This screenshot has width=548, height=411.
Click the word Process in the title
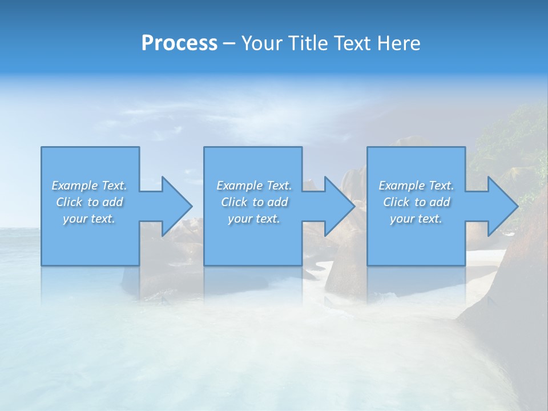point(179,43)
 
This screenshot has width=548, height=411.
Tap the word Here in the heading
point(398,43)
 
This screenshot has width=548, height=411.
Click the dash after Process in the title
point(229,44)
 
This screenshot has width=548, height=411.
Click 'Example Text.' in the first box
point(90,186)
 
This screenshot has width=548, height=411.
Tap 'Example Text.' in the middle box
point(254,186)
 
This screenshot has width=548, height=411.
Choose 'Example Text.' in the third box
point(416,186)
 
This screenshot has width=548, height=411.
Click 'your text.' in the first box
point(90,219)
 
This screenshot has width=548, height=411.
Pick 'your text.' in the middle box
point(254,219)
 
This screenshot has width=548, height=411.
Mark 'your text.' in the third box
point(416,219)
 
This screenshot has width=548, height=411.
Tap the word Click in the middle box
point(234,202)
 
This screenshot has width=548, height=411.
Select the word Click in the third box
point(396,202)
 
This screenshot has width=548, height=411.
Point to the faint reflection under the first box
point(90,283)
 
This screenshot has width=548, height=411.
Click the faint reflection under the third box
point(416,283)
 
